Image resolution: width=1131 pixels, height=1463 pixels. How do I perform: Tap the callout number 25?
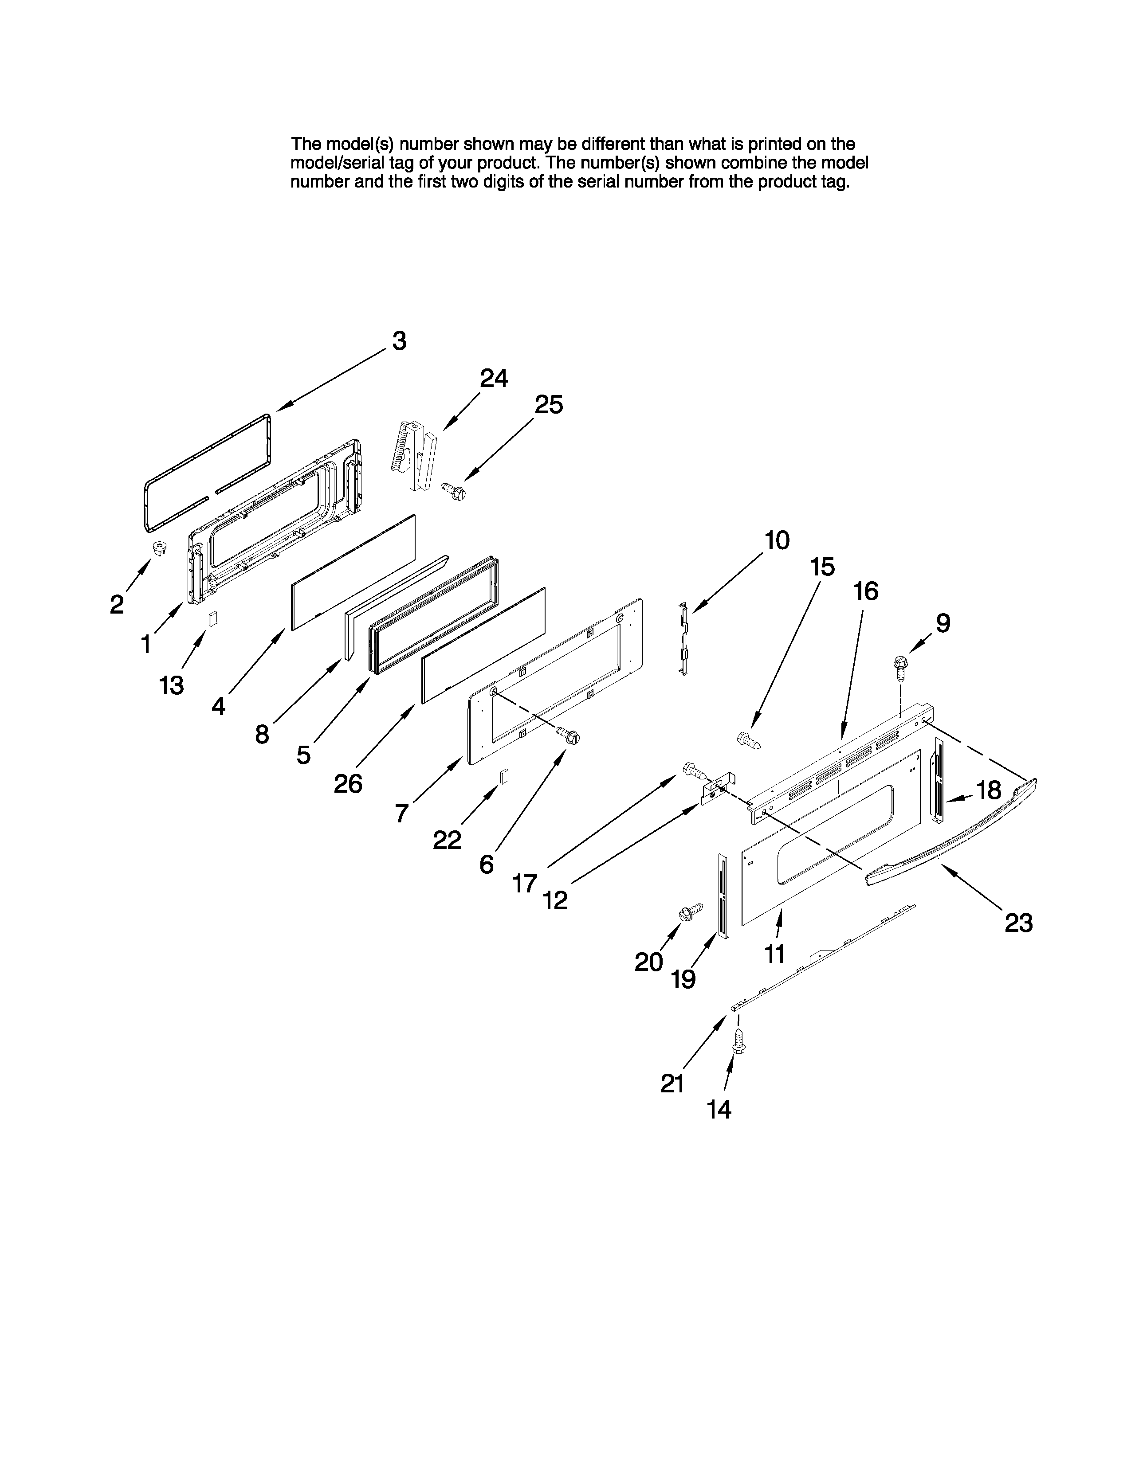(548, 405)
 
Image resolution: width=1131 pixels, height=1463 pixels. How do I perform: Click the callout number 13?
(172, 685)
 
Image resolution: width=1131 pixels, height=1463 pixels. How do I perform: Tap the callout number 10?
(777, 540)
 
